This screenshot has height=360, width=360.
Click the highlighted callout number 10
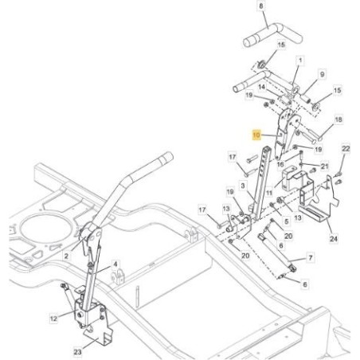[256, 135]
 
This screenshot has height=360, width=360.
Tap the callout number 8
[261, 6]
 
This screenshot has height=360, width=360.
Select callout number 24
[334, 238]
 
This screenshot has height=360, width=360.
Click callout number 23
[77, 352]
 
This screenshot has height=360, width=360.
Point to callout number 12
[53, 319]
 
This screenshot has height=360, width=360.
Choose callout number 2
[66, 256]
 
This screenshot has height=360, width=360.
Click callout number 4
[115, 264]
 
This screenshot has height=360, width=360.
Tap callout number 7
[311, 257]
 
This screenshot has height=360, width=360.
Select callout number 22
[346, 149]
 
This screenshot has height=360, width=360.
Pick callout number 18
[338, 119]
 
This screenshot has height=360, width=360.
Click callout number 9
[322, 74]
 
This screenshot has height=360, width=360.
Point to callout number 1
[300, 61]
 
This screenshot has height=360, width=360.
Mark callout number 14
[262, 87]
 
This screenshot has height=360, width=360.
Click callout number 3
[243, 186]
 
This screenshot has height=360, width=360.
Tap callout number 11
[269, 193]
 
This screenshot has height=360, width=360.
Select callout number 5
[286, 221]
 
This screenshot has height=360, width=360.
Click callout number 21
[324, 166]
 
